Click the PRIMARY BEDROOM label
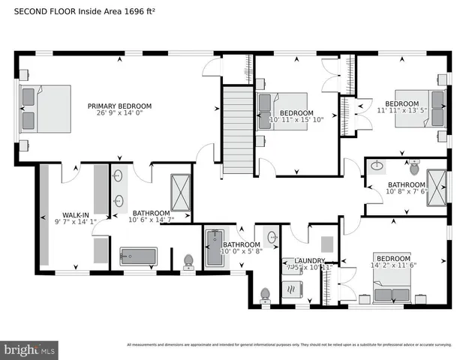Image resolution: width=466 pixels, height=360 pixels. point(119,106)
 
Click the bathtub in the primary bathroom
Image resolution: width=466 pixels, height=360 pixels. point(139,257)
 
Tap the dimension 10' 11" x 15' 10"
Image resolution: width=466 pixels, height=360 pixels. point(296,119)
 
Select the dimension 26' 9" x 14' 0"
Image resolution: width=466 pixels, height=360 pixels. point(119,114)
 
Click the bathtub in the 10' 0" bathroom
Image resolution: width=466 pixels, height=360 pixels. point(214,249)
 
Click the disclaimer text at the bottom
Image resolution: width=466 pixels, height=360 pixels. point(289,345)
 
